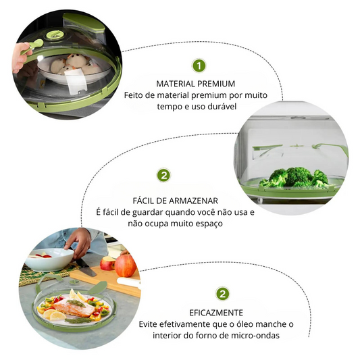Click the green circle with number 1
click(199, 66)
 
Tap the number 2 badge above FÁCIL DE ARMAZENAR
click(163, 176)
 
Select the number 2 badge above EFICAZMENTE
click(222, 294)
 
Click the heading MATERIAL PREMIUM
click(196, 84)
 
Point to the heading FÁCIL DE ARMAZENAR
click(175, 201)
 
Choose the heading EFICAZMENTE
click(216, 313)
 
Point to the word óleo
click(242, 324)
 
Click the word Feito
click(133, 95)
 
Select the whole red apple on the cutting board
click(125, 265)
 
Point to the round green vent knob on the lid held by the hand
click(55, 35)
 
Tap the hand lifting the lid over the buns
click(21, 57)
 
